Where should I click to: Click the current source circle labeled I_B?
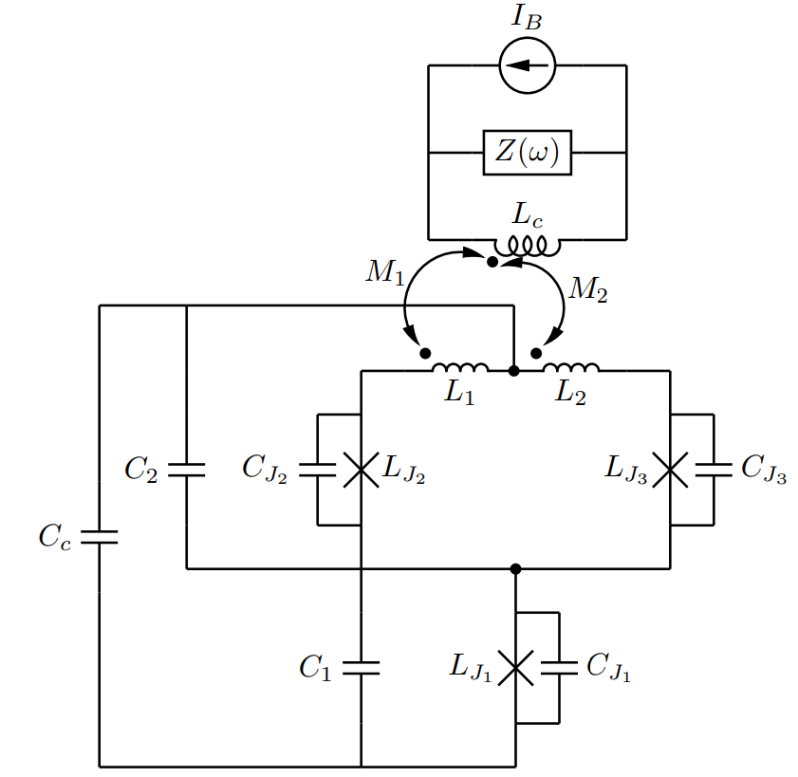(528, 65)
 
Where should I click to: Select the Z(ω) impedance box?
(528, 153)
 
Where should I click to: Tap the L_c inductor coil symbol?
(528, 246)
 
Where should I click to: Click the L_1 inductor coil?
(460, 367)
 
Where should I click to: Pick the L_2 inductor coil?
(571, 367)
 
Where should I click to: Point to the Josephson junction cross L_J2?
(362, 470)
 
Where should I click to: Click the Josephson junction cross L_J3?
(670, 470)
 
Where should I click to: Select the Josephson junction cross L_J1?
(515, 668)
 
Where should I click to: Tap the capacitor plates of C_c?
(100, 537)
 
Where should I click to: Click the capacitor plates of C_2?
(186, 470)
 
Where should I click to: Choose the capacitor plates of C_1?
(362, 668)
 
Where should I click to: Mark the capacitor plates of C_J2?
(318, 470)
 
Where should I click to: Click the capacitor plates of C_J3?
(714, 470)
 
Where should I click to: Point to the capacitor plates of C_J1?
(559, 668)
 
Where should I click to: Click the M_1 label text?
(385, 272)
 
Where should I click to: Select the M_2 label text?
(588, 289)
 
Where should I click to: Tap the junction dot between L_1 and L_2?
(514, 371)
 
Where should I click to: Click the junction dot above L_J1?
(515, 568)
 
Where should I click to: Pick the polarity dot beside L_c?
(492, 262)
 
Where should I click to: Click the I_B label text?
(528, 17)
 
